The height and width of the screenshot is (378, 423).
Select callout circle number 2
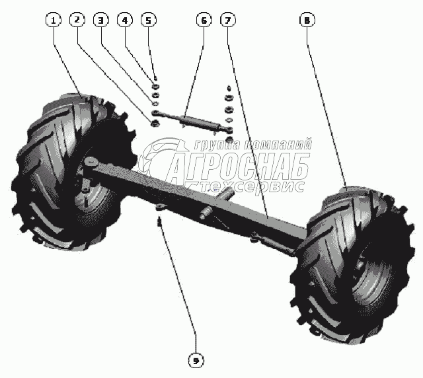point(77,20)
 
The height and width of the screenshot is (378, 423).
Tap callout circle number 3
point(100,20)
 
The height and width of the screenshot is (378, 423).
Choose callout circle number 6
point(203,20)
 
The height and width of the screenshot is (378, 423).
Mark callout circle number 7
point(227,20)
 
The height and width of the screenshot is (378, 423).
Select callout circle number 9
point(196,360)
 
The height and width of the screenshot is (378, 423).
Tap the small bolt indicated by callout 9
point(159,220)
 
